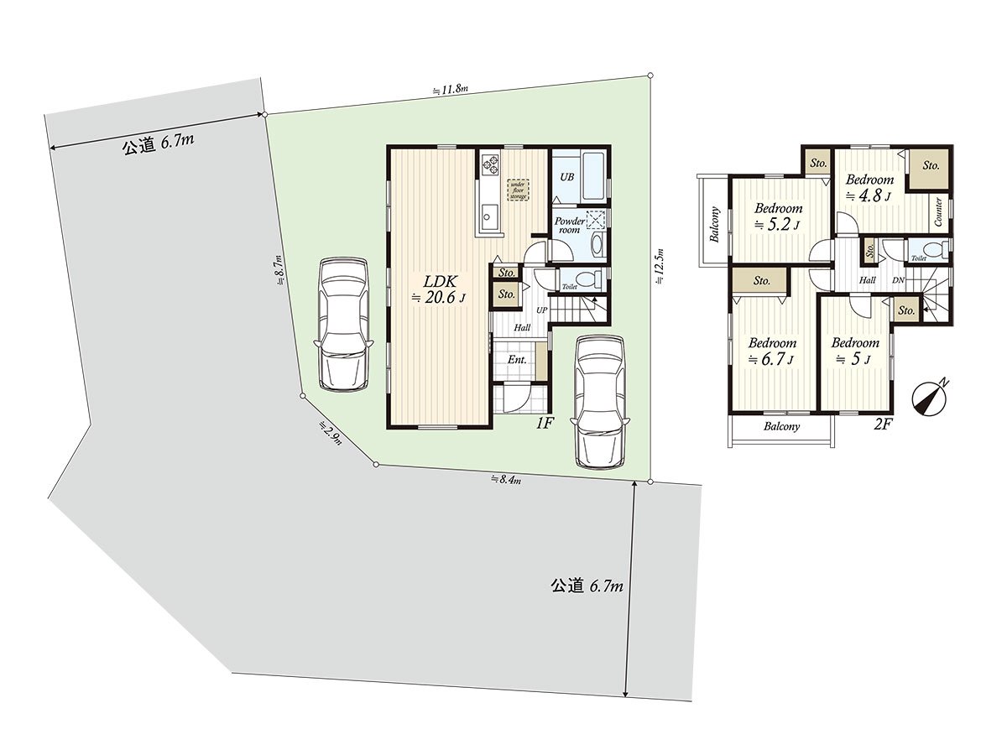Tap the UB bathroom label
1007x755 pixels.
click(567, 177)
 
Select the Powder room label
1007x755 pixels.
click(569, 225)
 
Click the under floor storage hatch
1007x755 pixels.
click(518, 190)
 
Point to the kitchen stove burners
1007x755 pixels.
click(489, 163)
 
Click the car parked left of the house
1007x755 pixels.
click(343, 323)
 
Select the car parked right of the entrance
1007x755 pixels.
click(599, 401)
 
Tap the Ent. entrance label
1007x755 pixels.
click(517, 360)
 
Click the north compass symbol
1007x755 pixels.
click(929, 398)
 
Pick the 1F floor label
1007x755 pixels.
click(545, 424)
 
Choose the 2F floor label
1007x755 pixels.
click(882, 424)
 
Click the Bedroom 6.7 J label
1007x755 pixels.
click(772, 351)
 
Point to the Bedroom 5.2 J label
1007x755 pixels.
click(778, 216)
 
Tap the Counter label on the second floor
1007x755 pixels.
click(938, 212)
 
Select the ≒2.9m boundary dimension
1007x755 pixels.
click(330, 435)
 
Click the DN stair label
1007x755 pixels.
click(898, 280)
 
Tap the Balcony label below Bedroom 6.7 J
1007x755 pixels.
click(781, 426)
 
